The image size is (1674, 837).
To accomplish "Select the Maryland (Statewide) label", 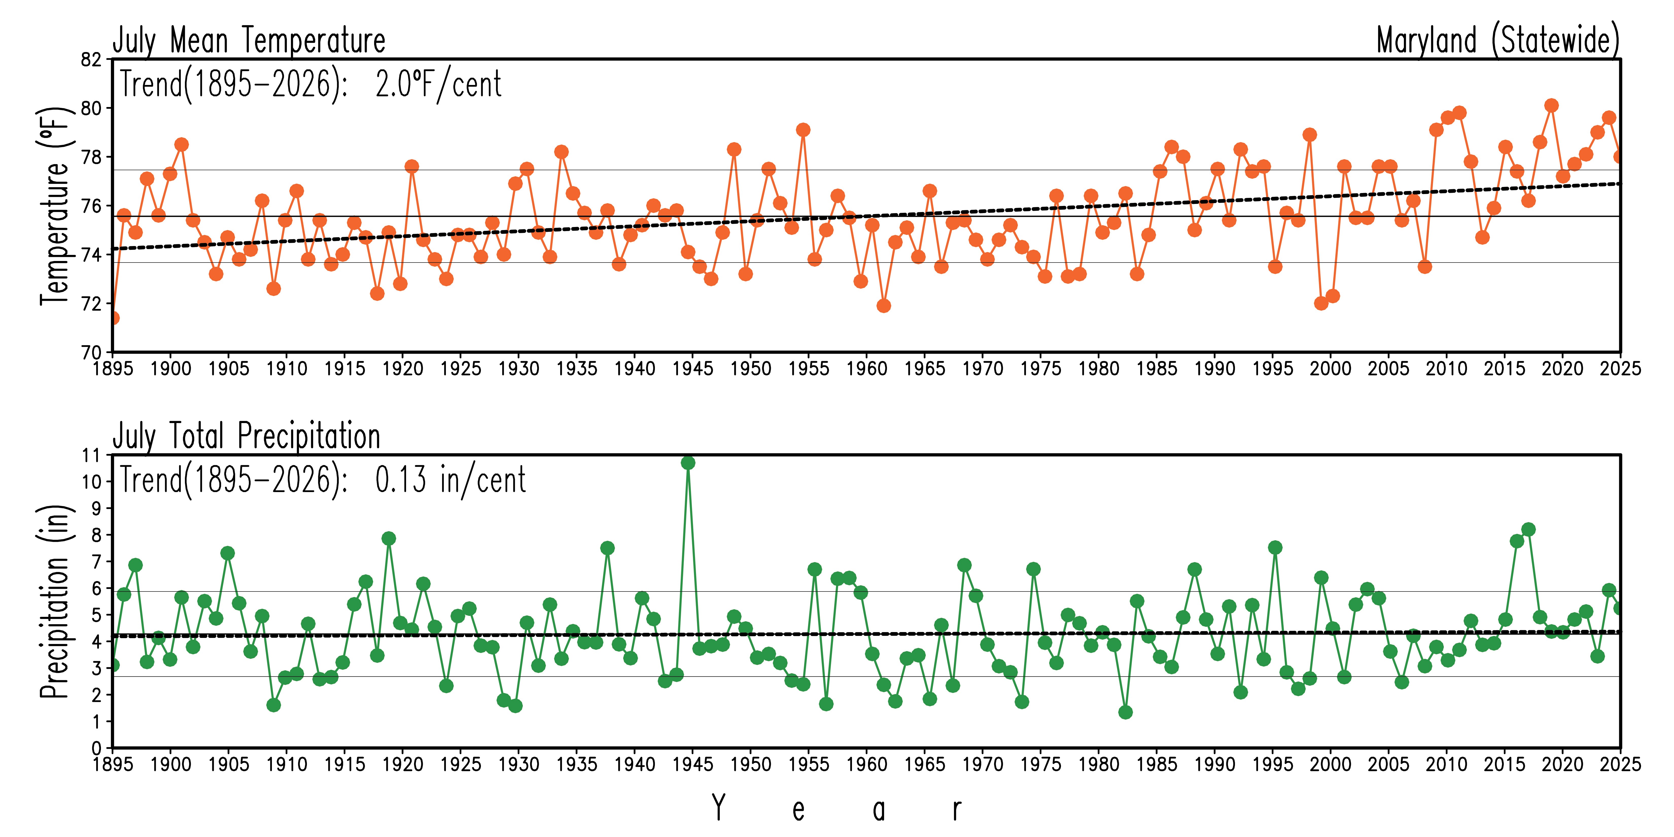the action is click(x=1498, y=40).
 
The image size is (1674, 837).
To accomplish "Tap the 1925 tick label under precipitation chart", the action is click(x=461, y=764).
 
